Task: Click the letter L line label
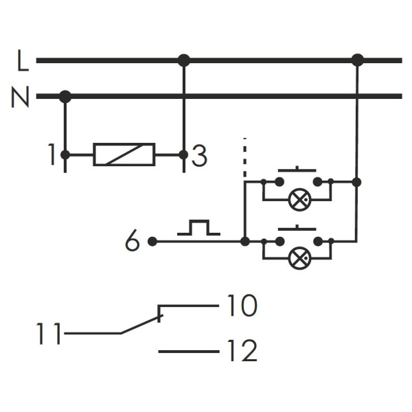coord(23,62)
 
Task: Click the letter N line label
coord(21,99)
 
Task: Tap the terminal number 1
coord(51,156)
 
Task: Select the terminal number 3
coord(199,157)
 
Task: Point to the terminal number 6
coord(133,242)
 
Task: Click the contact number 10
coord(240,306)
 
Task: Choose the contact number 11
coord(48,335)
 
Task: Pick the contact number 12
coord(240,352)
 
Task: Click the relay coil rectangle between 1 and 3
coord(124,154)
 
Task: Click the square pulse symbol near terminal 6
coord(198,228)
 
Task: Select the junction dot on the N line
coord(65,97)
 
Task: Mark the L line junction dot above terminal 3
coord(183,60)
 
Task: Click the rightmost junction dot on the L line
coord(357,60)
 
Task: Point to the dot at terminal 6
coord(152,242)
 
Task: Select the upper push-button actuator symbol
coord(297,169)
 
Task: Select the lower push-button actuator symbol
coord(297,228)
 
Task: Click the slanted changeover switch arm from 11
coord(141,325)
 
